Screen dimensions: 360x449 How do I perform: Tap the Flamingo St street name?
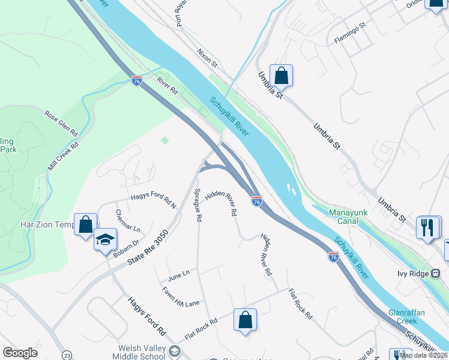[x=350, y=34]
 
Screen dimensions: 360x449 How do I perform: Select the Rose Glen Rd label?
[x=62, y=122]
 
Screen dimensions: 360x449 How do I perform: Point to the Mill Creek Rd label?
[x=63, y=155]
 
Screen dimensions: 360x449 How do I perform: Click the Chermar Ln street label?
[x=127, y=221]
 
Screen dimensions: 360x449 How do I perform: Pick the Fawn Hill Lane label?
[x=180, y=297]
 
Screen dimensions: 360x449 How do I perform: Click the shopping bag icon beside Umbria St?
[x=281, y=76]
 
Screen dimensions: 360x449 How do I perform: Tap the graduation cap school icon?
[x=105, y=239]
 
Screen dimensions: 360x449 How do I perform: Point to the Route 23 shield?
[x=67, y=355]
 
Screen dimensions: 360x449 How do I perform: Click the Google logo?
[x=20, y=353]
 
